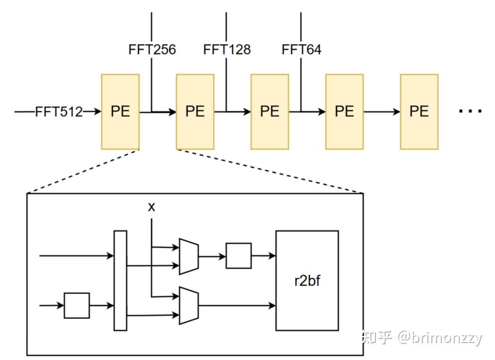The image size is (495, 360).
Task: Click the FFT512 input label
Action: pos(59,112)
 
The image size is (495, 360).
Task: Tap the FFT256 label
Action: pos(152,49)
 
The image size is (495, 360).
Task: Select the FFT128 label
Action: pos(227,49)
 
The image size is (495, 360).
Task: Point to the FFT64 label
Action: pos(301,49)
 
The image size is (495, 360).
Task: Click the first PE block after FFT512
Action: pos(121,112)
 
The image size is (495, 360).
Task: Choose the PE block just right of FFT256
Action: pos(195,112)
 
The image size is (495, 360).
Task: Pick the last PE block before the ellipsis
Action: pos(419,112)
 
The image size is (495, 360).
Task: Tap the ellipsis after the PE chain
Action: pos(471,111)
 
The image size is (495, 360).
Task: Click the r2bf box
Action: pos(307,280)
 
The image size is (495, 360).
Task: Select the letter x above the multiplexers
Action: pos(151,207)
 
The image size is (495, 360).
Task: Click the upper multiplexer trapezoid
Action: pos(189,256)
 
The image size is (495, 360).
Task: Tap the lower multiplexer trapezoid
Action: pos(189,305)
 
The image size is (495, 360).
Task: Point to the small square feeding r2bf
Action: pos(239,255)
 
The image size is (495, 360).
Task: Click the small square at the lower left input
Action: pos(77,305)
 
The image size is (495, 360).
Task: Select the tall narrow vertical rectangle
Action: pos(121,280)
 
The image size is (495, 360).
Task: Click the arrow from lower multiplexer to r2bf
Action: pos(237,305)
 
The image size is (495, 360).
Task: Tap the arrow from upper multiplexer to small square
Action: pos(212,256)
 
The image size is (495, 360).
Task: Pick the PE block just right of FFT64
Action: pos(345,112)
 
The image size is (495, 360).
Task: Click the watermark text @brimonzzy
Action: pos(440,338)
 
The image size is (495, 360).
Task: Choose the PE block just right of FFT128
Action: pos(270,112)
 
